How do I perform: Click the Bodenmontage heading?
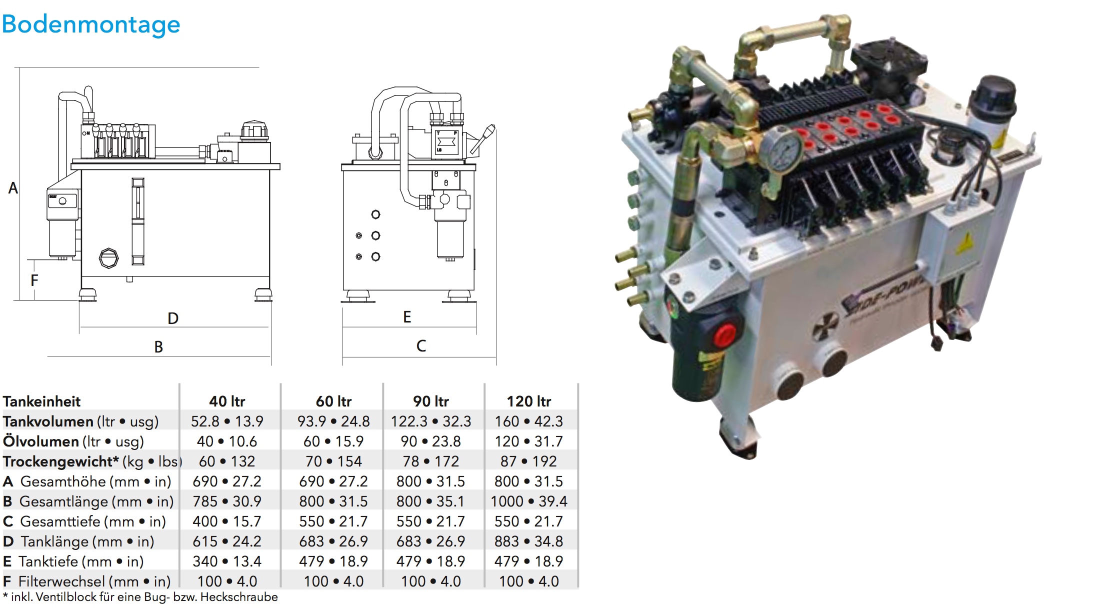90,24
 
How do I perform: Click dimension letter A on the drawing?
13,188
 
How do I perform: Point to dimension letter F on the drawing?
34,280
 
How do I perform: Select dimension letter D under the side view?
173,318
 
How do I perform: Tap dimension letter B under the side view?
158,347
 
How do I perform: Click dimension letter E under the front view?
407,317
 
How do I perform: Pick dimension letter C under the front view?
421,346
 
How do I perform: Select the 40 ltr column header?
227,401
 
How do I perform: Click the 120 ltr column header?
529,401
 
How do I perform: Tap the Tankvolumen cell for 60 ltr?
333,421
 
